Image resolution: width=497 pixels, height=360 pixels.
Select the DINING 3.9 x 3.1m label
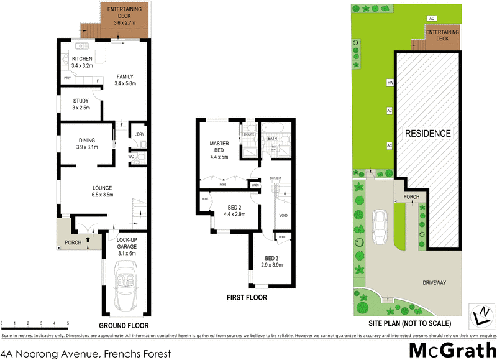coord(86,144)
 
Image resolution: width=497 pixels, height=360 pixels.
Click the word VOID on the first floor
coord(283,216)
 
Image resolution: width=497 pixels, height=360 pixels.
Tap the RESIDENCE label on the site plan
coord(428,133)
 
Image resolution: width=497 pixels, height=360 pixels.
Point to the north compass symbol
coord(480,316)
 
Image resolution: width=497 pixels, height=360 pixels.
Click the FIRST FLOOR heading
coord(247,298)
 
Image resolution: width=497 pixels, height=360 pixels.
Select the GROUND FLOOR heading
coord(124,325)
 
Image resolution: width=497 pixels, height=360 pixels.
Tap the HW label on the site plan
coord(390,82)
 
